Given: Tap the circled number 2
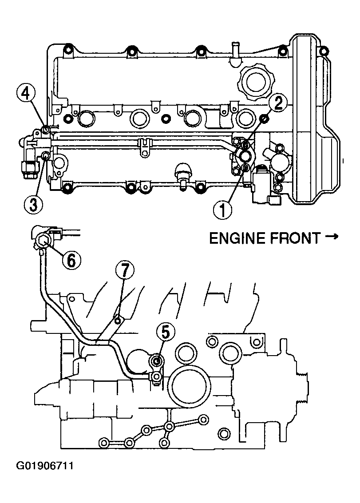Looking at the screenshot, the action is [277, 103].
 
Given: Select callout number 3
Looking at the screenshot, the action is [33, 204].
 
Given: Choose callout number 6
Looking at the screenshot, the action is [71, 259].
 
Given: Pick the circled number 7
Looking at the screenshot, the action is [125, 271].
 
